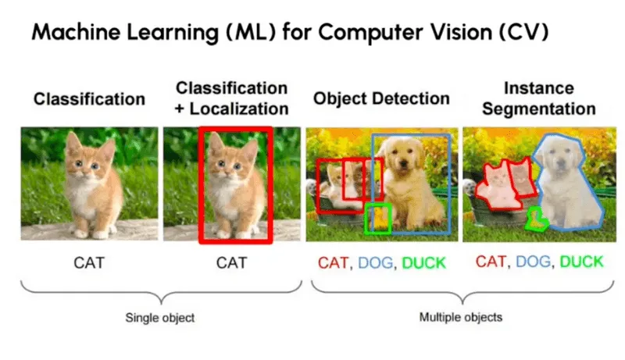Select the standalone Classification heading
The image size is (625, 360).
coord(89,99)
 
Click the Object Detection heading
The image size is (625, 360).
coord(381,99)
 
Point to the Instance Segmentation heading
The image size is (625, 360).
coord(538,98)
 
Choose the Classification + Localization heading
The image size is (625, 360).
coord(231,98)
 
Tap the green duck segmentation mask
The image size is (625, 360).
coord(537,219)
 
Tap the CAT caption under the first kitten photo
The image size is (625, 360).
coord(88,262)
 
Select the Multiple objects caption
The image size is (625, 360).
coord(461,318)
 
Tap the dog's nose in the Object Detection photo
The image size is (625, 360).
coord(405,173)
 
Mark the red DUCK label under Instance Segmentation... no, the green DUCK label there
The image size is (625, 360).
coord(581,262)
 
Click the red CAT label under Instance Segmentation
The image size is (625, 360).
coord(491,262)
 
